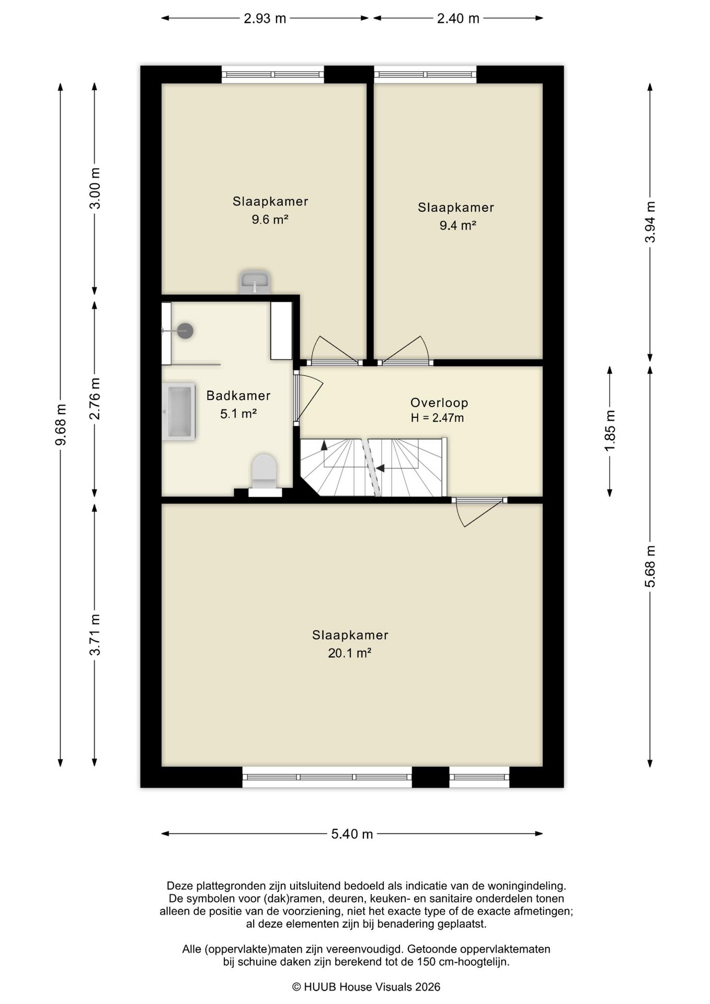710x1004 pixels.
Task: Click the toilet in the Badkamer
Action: point(265,475)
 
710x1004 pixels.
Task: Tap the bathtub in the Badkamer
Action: point(178,411)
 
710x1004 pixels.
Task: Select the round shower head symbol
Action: point(185,330)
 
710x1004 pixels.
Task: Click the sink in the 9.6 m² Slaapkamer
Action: point(255,283)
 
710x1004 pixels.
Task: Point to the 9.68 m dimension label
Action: point(61,425)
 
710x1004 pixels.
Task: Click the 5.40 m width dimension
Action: point(352,834)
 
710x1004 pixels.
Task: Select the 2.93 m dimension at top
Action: point(265,18)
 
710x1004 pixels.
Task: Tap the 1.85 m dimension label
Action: point(610,430)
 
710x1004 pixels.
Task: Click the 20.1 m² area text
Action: point(350,653)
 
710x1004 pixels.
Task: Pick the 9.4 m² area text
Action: point(458,225)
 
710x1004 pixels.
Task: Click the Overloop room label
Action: point(439,403)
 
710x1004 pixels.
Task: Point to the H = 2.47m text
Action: point(437,418)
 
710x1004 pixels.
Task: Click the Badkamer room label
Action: point(238,396)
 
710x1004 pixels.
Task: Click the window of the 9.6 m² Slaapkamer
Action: point(273,75)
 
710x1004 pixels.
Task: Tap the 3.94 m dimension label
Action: point(650,222)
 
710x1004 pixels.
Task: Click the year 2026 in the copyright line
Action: point(428,987)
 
